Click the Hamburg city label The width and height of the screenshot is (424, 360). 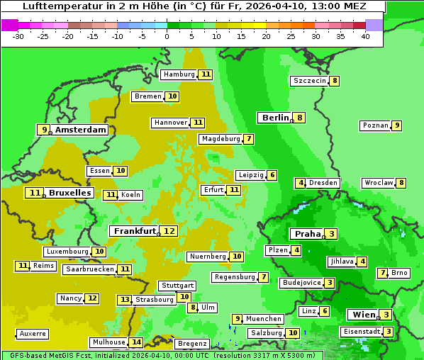[179, 74]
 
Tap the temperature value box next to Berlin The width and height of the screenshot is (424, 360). [300, 118]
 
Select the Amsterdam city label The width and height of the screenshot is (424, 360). [81, 130]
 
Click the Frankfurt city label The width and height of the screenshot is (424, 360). [135, 231]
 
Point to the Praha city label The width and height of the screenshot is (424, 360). [308, 234]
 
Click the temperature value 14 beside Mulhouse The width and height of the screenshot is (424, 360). [136, 342]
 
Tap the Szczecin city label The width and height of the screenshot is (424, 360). [310, 81]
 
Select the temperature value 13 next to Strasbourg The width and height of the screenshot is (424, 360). [125, 300]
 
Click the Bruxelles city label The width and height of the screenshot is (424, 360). [69, 193]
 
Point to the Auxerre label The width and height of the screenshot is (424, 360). [33, 334]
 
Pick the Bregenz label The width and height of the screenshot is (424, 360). [191, 344]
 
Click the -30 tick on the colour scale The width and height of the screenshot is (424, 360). [18, 36]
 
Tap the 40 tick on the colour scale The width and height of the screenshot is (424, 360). [365, 36]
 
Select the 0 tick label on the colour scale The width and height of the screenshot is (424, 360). [167, 36]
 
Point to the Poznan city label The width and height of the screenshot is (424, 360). [375, 125]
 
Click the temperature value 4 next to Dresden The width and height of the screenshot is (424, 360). [300, 183]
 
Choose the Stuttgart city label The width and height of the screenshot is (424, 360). [177, 286]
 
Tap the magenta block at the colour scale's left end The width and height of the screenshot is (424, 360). [10, 25]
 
